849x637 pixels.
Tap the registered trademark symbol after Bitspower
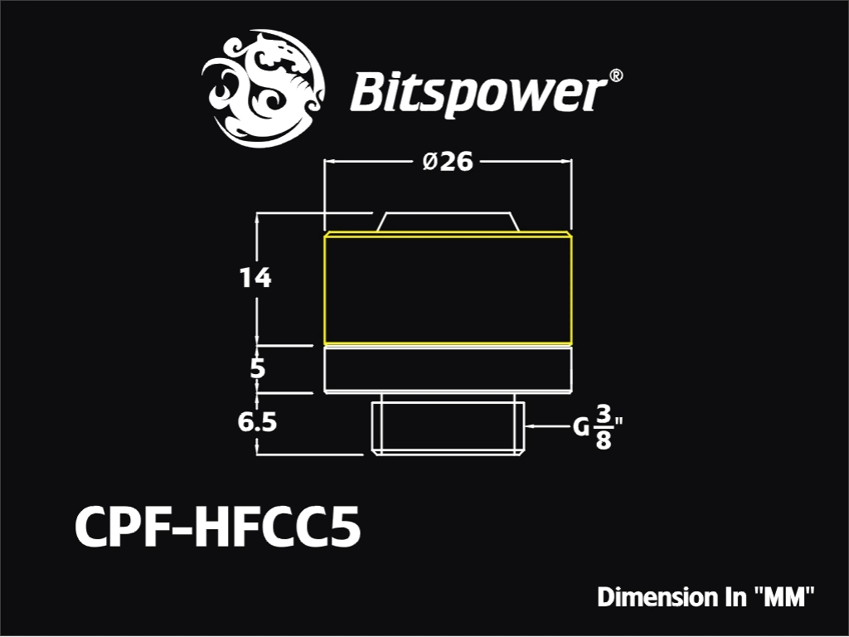pos(616,75)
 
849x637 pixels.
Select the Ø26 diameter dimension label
pos(448,162)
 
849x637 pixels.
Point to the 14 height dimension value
pos(255,278)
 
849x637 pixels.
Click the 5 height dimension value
pos(258,368)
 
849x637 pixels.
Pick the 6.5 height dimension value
pos(257,422)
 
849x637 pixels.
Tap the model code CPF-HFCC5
pos(218,527)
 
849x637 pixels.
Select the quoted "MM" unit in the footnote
pos(784,597)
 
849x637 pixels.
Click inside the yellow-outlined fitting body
pos(448,289)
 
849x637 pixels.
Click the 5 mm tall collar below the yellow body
pos(448,369)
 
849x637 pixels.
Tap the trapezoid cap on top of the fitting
pos(448,222)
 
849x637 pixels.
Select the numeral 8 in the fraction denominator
pos(604,440)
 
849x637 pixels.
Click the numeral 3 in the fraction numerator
pos(604,415)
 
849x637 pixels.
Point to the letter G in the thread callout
pos(581,428)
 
